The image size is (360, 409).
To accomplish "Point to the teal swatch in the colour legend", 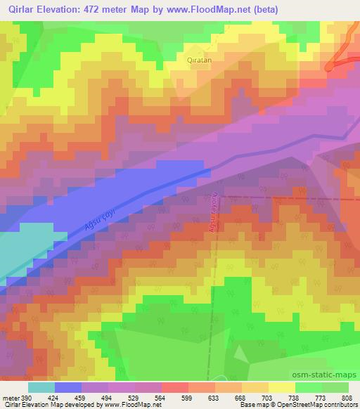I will pyautogui.click(x=41, y=387).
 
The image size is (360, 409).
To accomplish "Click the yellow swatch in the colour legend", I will pyautogui.click(x=283, y=387).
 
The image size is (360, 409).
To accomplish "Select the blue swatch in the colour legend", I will pyautogui.click(x=68, y=387).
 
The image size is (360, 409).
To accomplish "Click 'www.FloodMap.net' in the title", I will pyautogui.click(x=212, y=10).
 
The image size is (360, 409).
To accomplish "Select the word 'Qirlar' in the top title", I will pyautogui.click(x=17, y=10).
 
